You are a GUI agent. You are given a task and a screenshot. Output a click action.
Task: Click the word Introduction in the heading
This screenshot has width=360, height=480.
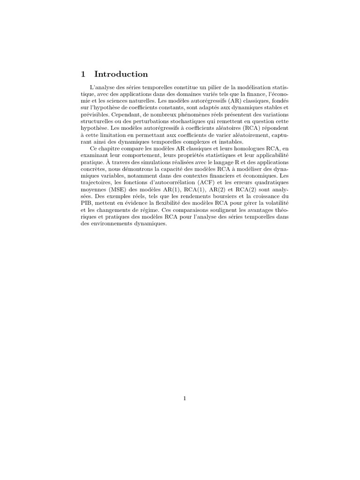[121, 74]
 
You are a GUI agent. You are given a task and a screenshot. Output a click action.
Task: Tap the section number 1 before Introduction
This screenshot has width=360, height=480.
[83, 74]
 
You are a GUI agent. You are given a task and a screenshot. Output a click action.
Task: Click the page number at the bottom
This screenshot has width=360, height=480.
[185, 398]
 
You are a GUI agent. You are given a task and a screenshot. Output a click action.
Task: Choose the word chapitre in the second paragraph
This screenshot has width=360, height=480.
[110, 149]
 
